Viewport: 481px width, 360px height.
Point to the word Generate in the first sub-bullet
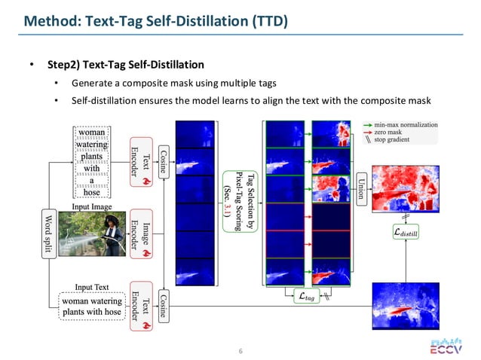[95, 82]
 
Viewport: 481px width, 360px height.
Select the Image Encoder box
[141, 233]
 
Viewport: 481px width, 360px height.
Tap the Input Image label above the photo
[92, 206]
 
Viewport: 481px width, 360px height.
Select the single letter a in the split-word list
[92, 181]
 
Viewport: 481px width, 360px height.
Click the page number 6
[240, 352]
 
